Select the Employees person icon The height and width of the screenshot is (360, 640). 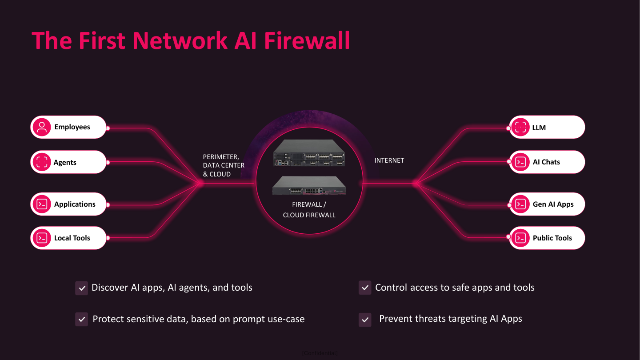click(x=42, y=127)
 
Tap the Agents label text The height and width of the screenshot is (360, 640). click(x=65, y=163)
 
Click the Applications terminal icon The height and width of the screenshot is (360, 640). click(x=42, y=204)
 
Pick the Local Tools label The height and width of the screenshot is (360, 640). click(x=72, y=238)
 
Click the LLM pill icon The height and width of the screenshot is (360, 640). click(x=520, y=128)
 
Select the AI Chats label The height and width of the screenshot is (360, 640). click(x=546, y=162)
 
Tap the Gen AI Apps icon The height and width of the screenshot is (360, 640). click(x=520, y=204)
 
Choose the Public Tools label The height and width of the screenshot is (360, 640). click(x=552, y=238)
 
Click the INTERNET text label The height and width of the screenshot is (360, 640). click(x=389, y=160)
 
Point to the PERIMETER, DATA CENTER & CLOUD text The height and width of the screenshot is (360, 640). click(x=224, y=165)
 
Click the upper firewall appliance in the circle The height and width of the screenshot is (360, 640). click(x=309, y=153)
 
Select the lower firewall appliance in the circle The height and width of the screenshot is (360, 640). click(x=309, y=186)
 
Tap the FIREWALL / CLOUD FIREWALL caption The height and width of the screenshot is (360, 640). click(x=309, y=210)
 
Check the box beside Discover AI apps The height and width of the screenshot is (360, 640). click(x=81, y=288)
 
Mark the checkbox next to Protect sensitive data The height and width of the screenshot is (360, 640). click(x=81, y=319)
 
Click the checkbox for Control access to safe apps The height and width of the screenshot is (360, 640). click(x=365, y=288)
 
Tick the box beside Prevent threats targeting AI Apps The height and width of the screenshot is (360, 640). click(x=365, y=320)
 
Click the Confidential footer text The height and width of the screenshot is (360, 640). click(x=320, y=353)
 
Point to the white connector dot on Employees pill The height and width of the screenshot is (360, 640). click(x=108, y=128)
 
